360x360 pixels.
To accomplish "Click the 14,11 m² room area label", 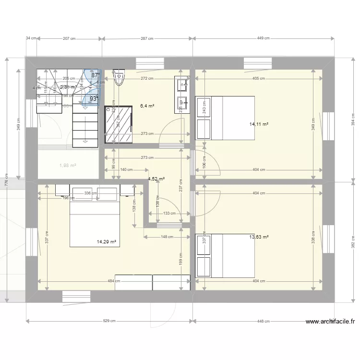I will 259,124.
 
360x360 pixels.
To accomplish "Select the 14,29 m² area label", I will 107,242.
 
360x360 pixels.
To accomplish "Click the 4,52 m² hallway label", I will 156,179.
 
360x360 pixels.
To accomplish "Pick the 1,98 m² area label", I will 68,166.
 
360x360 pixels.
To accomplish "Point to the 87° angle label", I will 96,75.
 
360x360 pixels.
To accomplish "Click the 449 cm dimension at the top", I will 264,38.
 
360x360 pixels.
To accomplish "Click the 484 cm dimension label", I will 114,281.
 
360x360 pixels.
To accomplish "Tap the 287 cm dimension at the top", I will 148,38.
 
